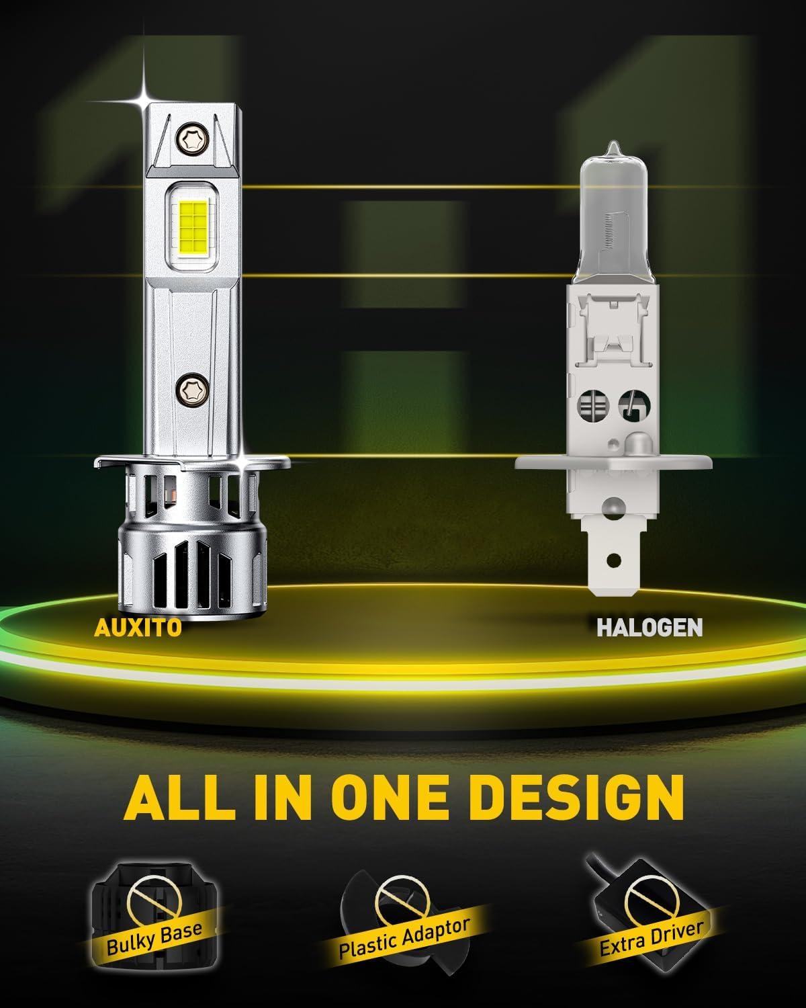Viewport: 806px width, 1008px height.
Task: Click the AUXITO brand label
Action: [x=138, y=628]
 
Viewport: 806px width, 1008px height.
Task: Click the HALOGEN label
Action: [x=650, y=628]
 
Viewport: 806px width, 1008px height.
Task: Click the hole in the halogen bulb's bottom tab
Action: [x=614, y=560]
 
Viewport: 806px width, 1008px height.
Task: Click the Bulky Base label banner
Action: [x=154, y=939]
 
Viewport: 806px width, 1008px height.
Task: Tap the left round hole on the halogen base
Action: [x=593, y=405]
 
